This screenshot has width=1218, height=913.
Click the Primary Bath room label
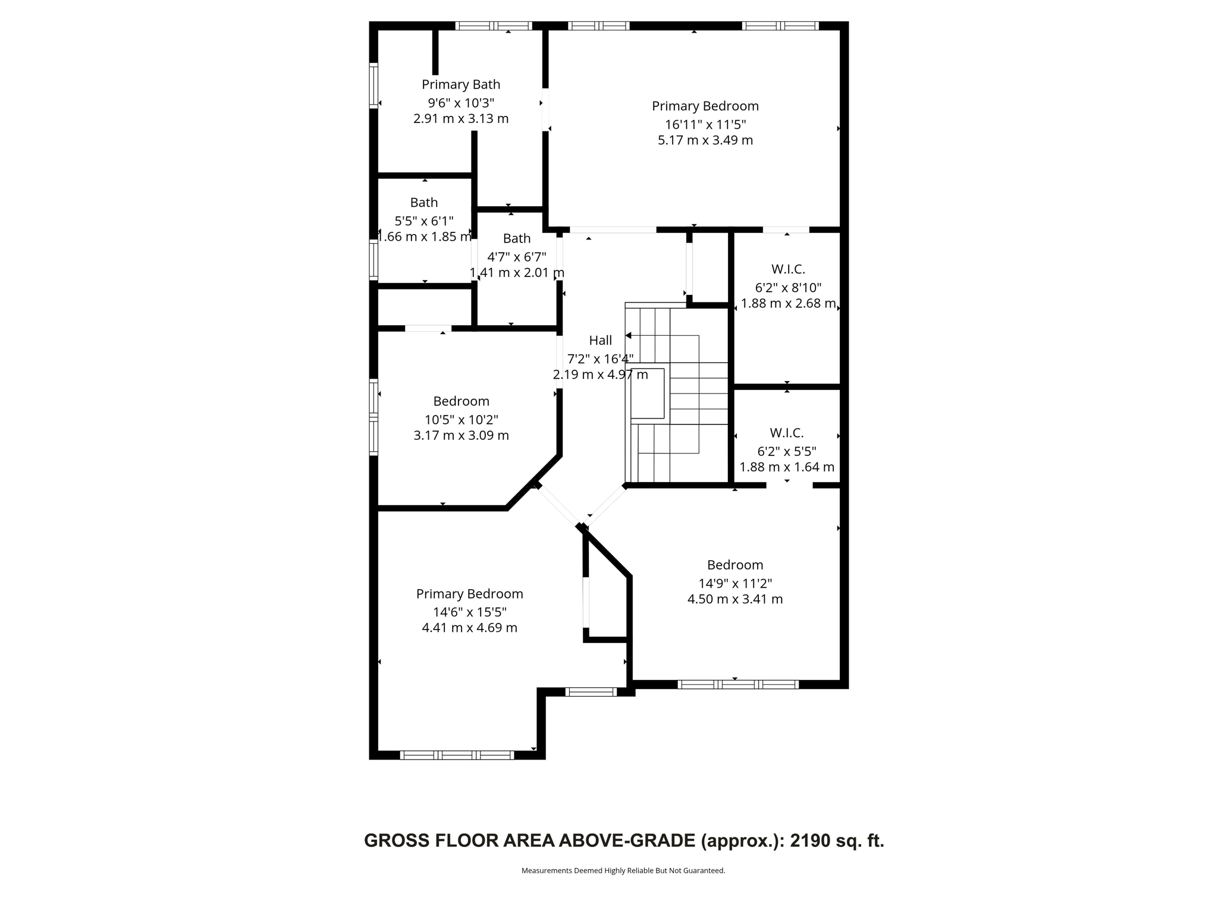[x=461, y=84]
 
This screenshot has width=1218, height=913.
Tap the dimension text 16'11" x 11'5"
[x=705, y=125]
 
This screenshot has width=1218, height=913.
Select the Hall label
[x=600, y=341]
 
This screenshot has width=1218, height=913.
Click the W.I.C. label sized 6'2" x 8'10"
[x=788, y=269]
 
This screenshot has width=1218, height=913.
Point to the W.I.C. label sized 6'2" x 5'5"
[x=786, y=433]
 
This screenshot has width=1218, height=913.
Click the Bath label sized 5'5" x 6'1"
[x=423, y=203]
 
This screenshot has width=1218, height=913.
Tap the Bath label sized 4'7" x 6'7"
[x=516, y=238]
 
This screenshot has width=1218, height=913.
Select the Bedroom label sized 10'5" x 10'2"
[x=461, y=401]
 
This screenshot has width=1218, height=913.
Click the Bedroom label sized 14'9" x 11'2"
[x=734, y=565]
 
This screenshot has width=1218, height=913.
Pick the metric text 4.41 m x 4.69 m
[x=469, y=628]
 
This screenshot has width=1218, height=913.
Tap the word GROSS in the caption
[x=396, y=840]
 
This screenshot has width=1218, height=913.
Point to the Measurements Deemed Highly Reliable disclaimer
[x=623, y=871]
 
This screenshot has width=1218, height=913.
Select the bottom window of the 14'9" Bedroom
[x=737, y=685]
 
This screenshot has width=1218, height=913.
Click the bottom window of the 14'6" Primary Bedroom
[x=457, y=755]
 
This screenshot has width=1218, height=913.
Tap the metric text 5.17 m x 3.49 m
[x=705, y=141]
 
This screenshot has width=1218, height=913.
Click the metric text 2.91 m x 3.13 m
[x=461, y=119]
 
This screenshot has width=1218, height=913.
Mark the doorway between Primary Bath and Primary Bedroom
[x=545, y=110]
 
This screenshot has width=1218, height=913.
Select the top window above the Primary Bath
[x=494, y=26]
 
